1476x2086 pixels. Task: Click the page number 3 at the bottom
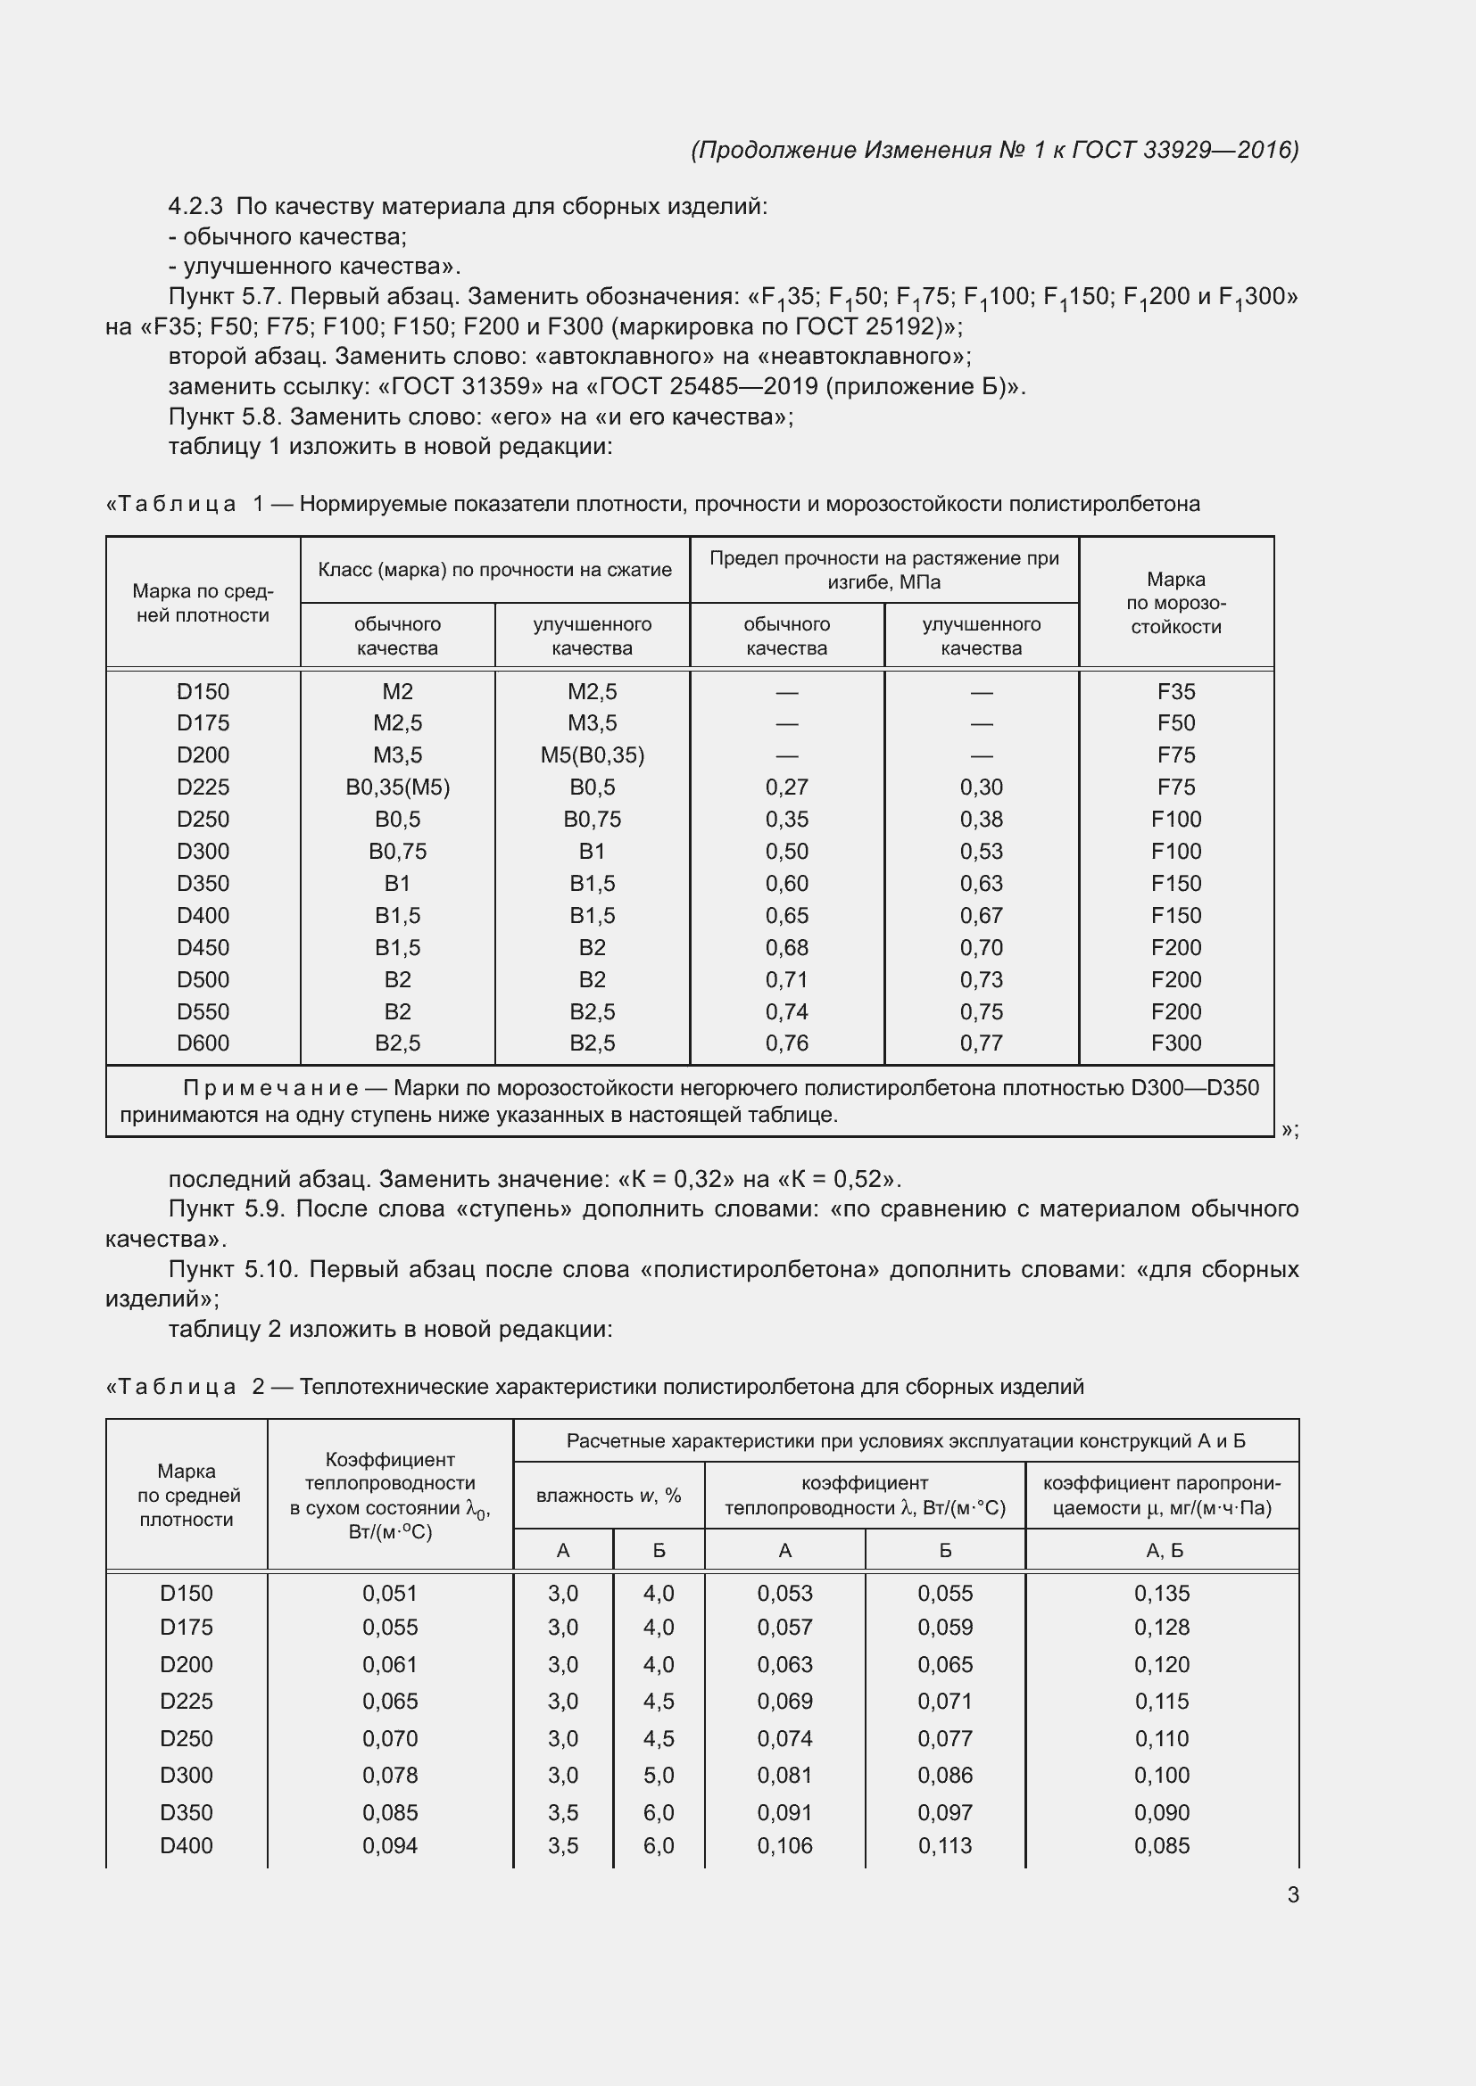[x=1292, y=1895]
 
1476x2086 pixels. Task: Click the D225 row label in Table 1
[x=203, y=787]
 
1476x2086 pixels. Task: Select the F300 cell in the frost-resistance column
[x=1175, y=1043]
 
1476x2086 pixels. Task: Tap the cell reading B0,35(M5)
[x=397, y=787]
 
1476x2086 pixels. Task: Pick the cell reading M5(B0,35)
[x=592, y=755]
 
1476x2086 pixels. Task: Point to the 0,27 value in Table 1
[x=786, y=787]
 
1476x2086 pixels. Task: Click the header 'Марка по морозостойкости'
[x=1175, y=602]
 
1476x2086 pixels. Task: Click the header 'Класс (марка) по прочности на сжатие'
[x=494, y=570]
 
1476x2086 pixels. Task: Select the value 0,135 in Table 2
[x=1162, y=1593]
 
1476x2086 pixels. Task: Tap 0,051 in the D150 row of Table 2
[x=390, y=1593]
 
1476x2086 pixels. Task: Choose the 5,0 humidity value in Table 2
[x=658, y=1775]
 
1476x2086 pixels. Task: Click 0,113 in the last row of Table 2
[x=944, y=1845]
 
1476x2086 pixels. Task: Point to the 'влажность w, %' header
[x=608, y=1496]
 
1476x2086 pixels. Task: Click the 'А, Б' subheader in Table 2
[x=1164, y=1550]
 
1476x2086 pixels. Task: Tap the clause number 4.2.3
[x=195, y=206]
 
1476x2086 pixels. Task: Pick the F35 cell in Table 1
[x=1175, y=691]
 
